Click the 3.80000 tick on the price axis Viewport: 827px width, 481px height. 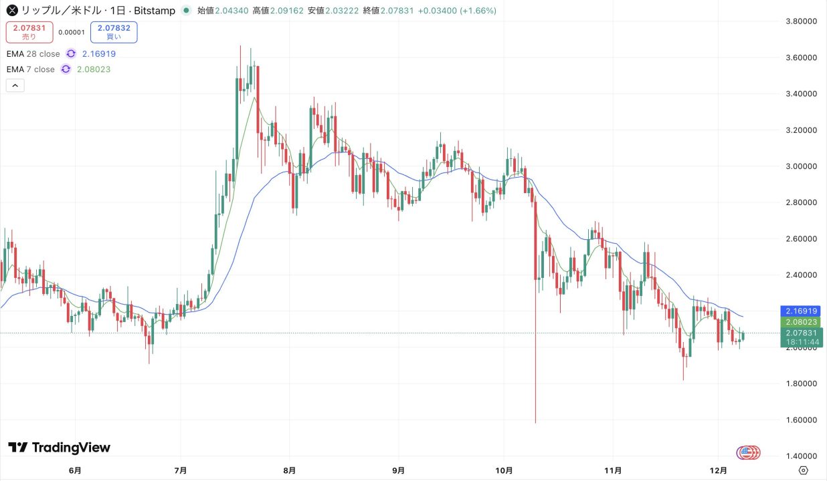click(x=802, y=21)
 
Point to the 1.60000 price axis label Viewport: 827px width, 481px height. click(x=802, y=420)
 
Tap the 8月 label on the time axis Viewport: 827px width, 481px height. click(x=289, y=470)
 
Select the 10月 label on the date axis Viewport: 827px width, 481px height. click(x=505, y=470)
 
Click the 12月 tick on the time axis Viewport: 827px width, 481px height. click(x=718, y=470)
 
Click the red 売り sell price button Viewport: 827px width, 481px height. click(x=30, y=31)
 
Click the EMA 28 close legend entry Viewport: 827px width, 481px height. click(x=33, y=54)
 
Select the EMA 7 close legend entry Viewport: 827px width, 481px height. click(x=31, y=69)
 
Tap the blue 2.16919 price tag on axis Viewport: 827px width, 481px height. click(x=802, y=311)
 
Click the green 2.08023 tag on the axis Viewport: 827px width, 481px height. click(x=802, y=322)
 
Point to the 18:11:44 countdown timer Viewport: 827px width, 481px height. click(x=802, y=341)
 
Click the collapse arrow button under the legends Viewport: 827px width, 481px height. click(x=15, y=86)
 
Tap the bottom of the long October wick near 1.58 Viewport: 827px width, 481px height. click(x=535, y=421)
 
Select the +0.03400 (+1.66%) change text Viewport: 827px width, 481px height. click(x=462, y=11)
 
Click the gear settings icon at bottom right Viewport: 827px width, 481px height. click(x=804, y=470)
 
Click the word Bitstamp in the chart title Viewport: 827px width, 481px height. click(x=156, y=11)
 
